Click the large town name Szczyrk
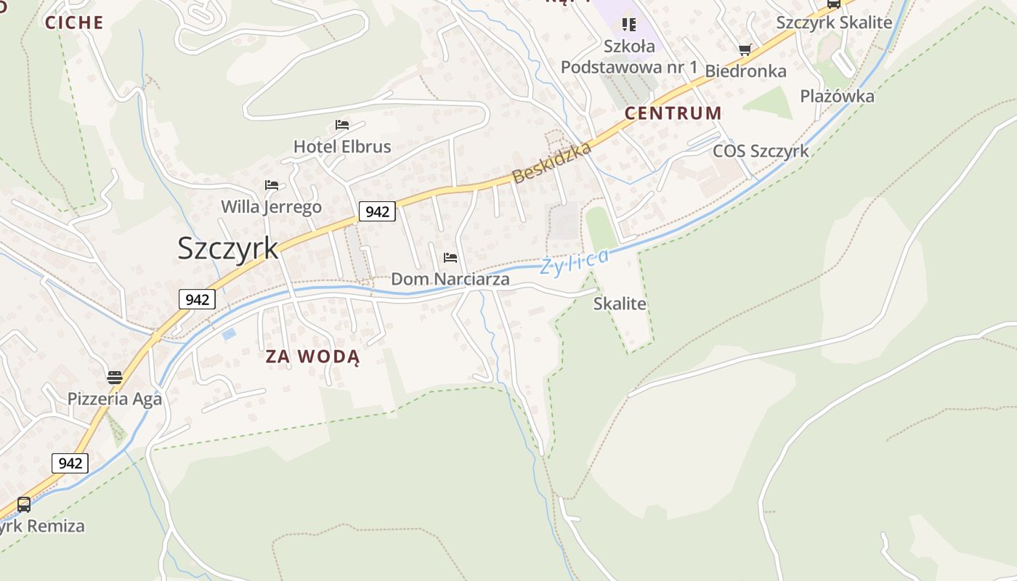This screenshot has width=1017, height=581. (x=227, y=248)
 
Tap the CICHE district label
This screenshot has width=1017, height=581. (x=74, y=23)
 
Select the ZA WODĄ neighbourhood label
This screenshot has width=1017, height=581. (x=312, y=357)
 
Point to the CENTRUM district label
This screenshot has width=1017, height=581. (x=673, y=113)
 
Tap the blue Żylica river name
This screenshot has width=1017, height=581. (x=574, y=262)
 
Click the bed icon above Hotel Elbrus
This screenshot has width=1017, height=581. (x=341, y=125)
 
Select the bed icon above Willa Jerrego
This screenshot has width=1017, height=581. (x=272, y=185)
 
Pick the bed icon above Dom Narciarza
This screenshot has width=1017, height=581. (x=450, y=258)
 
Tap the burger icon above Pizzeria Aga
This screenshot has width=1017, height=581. (x=115, y=377)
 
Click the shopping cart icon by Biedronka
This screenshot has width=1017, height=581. (x=745, y=50)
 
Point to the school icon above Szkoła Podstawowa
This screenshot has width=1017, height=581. (x=629, y=25)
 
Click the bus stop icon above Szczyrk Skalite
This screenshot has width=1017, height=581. (x=834, y=3)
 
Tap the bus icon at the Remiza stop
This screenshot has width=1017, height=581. (x=24, y=504)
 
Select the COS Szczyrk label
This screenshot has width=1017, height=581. (x=761, y=151)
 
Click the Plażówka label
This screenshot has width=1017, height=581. (x=837, y=96)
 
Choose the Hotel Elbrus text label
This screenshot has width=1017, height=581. (x=342, y=147)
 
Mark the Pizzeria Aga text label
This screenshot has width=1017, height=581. (x=115, y=399)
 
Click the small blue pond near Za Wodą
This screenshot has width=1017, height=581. (x=229, y=334)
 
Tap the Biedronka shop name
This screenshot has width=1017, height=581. (x=745, y=71)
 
